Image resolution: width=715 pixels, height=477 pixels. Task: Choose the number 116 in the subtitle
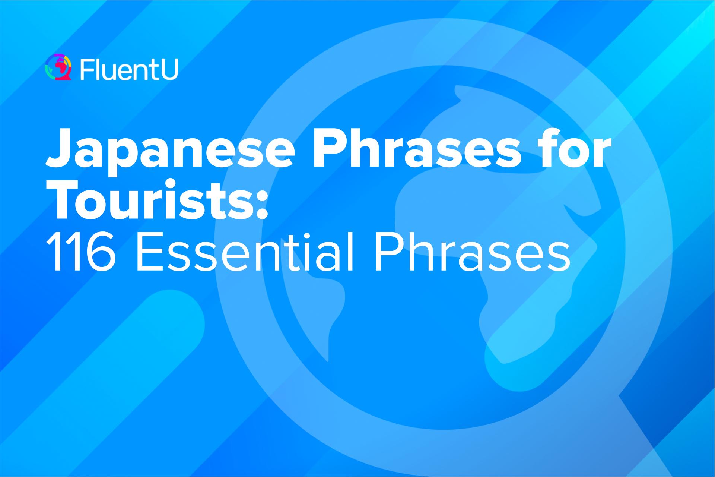[x=80, y=252]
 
